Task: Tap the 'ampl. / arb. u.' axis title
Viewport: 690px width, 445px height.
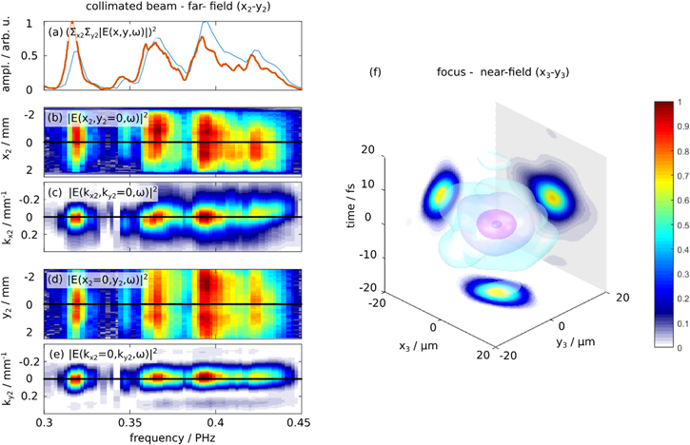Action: (x=9, y=54)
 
